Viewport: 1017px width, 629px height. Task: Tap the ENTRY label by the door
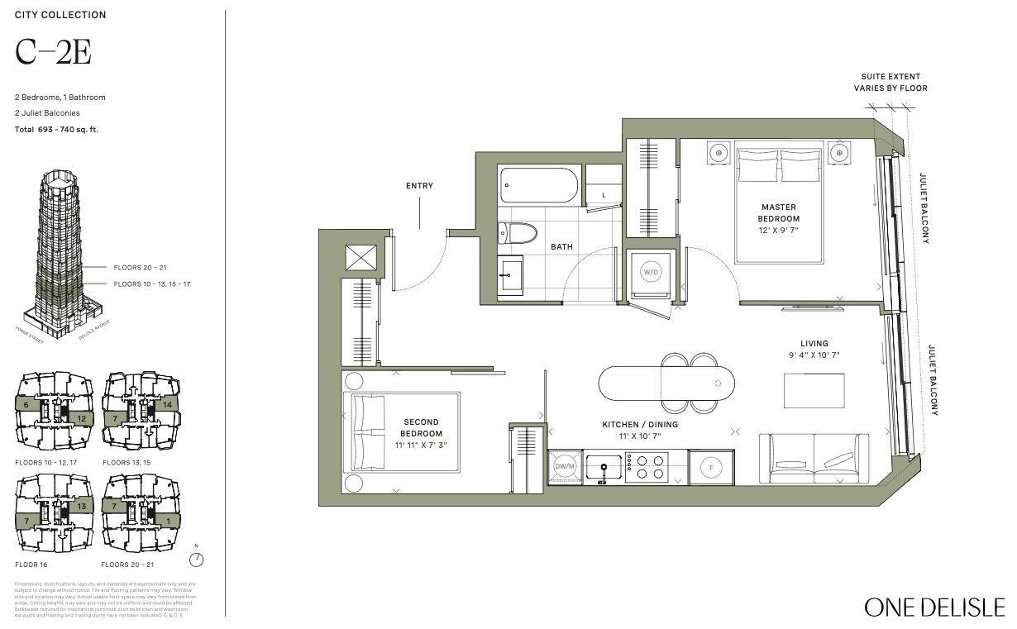(x=419, y=186)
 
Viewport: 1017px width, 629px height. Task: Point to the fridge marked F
(x=711, y=468)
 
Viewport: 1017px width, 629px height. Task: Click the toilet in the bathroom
(x=518, y=232)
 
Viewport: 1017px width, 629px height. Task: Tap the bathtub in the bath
(x=537, y=185)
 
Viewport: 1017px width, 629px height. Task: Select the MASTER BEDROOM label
(x=778, y=212)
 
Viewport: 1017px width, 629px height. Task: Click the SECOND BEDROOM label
(x=421, y=427)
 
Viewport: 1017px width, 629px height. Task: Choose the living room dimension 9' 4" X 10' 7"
(x=814, y=355)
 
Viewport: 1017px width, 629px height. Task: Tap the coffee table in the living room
(x=814, y=390)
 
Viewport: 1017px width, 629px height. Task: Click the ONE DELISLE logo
(x=934, y=607)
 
